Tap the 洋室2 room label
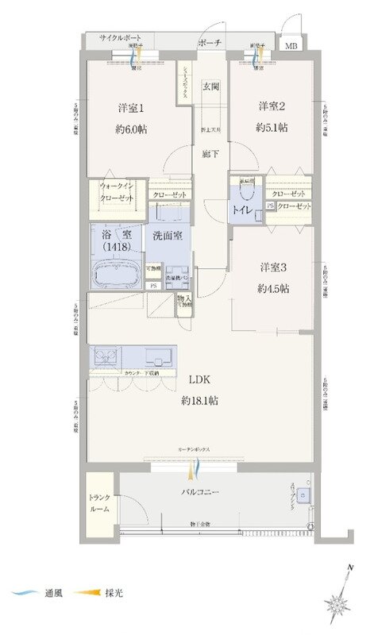272,106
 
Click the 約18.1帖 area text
199,401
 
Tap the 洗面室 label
168,236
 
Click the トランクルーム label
100,503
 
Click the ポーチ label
210,43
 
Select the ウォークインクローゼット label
116,191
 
